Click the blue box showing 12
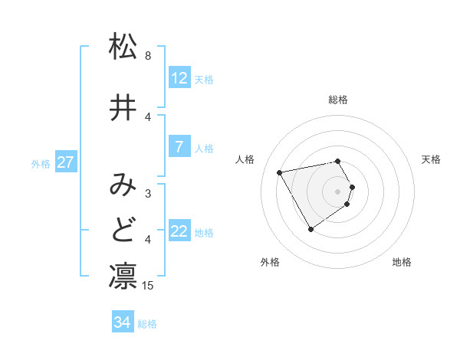coord(179,78)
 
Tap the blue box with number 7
coord(179,147)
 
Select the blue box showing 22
coord(179,231)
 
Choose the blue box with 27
coord(66,162)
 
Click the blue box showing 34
coord(123,322)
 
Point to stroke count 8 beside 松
coord(148,56)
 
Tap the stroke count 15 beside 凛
coord(149,286)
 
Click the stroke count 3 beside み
coord(148,194)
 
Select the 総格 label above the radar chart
coord(338,100)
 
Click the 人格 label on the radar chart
coord(246,159)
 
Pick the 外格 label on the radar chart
coord(270,262)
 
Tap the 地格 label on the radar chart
coord(402,262)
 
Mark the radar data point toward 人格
coord(280,172)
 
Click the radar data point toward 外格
coord(310,229)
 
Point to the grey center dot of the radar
coord(338,191)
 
